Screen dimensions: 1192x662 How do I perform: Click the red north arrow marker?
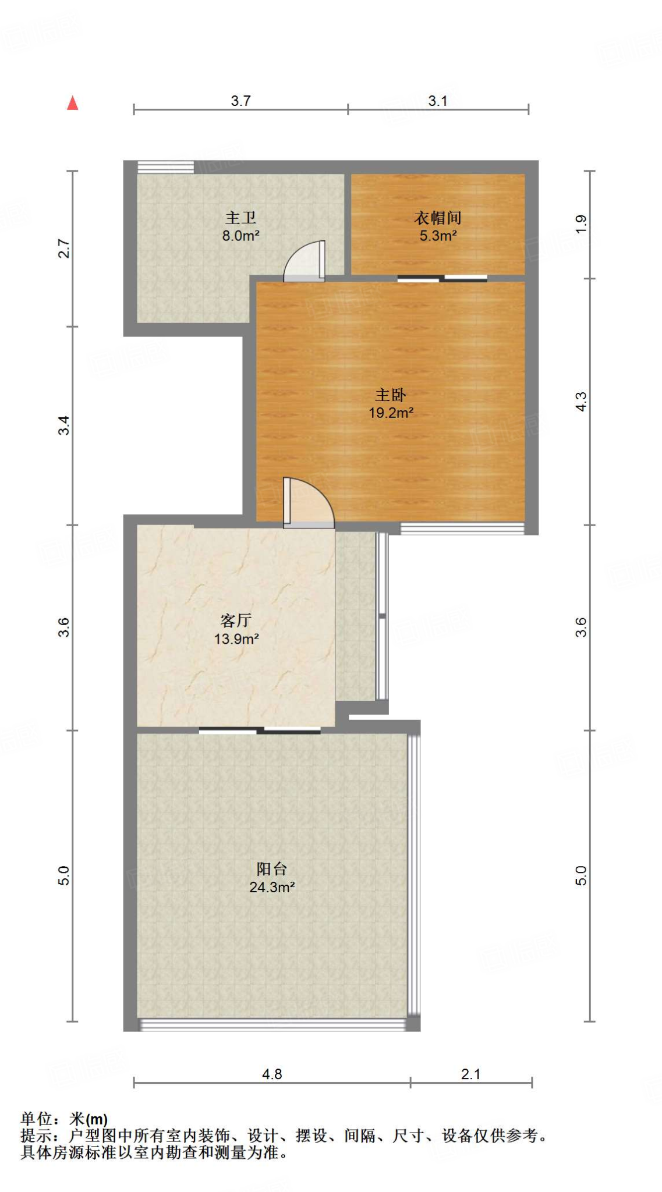(73, 104)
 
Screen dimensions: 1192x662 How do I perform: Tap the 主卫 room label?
(240, 218)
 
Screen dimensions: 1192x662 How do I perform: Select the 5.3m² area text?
(438, 236)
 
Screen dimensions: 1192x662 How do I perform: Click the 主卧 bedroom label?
(390, 395)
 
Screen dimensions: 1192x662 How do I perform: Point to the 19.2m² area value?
(391, 413)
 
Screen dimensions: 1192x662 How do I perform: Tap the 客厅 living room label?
(236, 620)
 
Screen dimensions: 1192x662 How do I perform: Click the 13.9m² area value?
(236, 638)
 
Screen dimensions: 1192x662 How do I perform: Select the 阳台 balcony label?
(271, 869)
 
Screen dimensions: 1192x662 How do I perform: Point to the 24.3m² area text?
(271, 887)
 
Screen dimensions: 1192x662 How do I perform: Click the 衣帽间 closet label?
(438, 218)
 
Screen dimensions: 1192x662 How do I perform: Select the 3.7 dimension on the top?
(240, 101)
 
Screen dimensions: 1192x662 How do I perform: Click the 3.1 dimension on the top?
(438, 101)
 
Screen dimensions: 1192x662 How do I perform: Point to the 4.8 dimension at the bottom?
(271, 1074)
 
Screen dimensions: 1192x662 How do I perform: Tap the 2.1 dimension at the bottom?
(470, 1074)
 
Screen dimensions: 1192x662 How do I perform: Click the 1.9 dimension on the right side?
(581, 224)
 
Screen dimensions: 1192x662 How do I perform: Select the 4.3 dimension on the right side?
(581, 402)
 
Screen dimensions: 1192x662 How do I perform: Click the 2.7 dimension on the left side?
(64, 249)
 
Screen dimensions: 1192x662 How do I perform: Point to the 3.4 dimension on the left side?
(64, 425)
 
